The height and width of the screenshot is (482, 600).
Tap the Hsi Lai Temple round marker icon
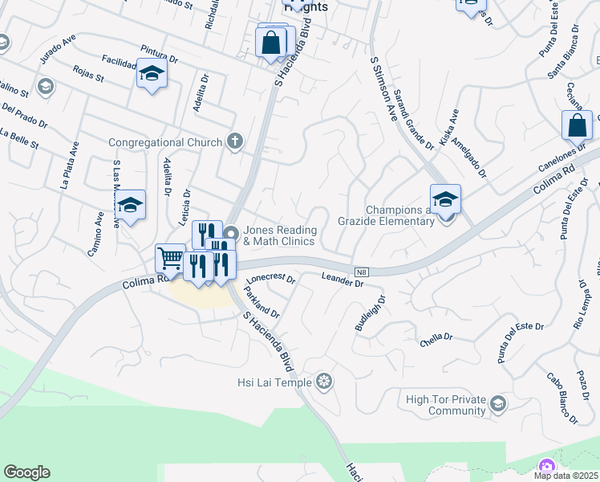point(324,381)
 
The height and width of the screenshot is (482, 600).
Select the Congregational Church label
point(165,143)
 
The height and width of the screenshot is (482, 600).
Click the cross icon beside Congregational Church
point(234,143)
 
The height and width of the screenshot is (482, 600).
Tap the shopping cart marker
point(170,259)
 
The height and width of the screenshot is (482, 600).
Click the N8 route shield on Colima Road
point(362,272)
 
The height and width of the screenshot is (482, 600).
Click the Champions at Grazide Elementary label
point(399,215)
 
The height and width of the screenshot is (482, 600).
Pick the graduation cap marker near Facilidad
point(152,74)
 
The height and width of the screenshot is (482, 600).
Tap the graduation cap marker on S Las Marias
point(129,205)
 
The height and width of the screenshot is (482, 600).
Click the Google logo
point(26,472)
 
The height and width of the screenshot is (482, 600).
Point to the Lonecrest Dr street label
point(270,280)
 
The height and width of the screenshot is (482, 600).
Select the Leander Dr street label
point(343,277)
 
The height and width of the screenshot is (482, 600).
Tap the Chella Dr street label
point(436,340)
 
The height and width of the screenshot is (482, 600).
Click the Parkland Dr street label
point(263,302)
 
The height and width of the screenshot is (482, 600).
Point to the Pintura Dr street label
point(158,55)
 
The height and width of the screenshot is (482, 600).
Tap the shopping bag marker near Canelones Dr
point(577,126)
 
